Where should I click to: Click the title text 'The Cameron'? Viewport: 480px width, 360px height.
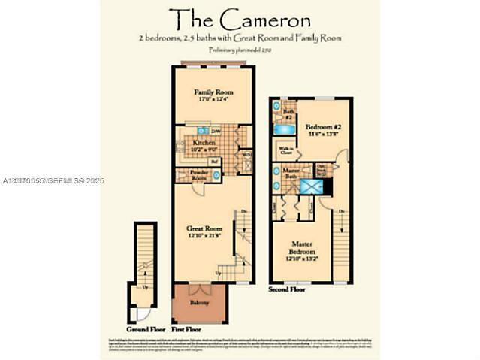tap(239, 18)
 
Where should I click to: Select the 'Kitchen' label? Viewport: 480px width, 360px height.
tap(204, 142)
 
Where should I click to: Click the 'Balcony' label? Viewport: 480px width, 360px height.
tap(199, 302)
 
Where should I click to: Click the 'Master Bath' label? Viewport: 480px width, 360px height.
tap(286, 174)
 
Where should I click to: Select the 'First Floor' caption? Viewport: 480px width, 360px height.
tap(186, 328)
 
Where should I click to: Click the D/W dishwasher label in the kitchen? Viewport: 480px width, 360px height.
tap(215, 132)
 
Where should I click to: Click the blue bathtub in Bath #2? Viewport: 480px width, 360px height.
tap(285, 131)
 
